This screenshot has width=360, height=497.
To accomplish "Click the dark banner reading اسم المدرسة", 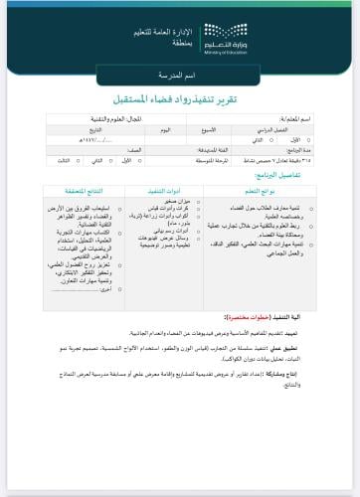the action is [180, 78].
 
